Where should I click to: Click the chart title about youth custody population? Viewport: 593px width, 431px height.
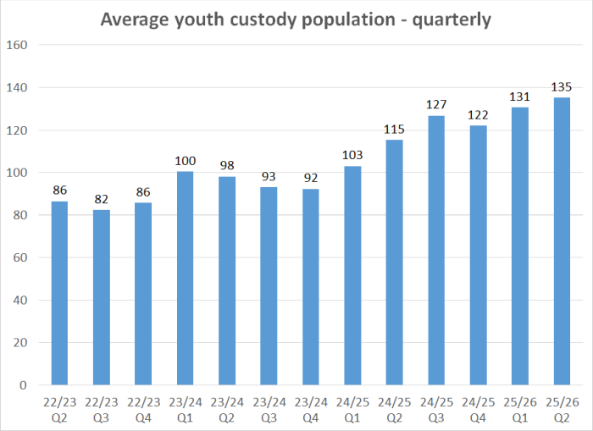pos(296,19)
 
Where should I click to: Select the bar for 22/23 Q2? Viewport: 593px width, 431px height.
pos(59,293)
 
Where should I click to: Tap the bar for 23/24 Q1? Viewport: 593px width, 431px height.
pos(185,279)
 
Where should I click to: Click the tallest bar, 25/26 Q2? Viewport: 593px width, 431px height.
pos(562,241)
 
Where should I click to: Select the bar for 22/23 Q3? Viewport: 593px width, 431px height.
pos(101,297)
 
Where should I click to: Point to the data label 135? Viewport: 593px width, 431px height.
pos(562,87)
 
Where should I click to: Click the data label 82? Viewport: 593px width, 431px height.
pos(101,200)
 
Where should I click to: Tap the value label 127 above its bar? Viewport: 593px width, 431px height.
pos(436,105)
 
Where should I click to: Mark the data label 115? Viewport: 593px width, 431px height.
pos(394,130)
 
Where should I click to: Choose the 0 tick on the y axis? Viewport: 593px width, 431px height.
pos(22,385)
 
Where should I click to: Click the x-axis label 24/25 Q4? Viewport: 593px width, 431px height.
pos(478,403)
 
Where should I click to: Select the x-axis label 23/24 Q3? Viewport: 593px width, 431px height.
pos(269,403)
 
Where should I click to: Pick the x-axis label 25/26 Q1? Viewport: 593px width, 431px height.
pos(520,403)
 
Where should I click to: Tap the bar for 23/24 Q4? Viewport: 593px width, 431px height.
pos(311,287)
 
